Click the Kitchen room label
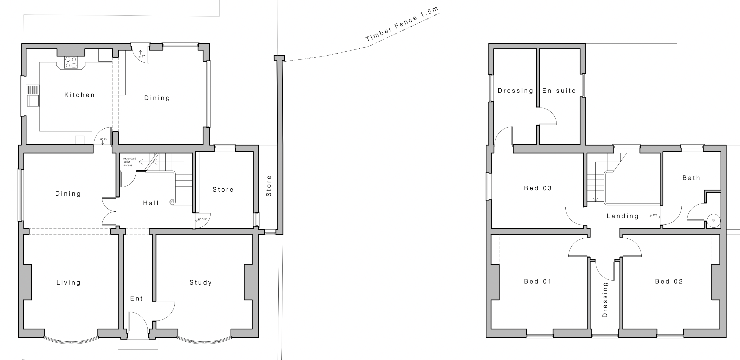click(x=79, y=95)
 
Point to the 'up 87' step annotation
click(x=141, y=56)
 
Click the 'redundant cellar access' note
click(x=129, y=162)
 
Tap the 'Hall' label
click(x=151, y=203)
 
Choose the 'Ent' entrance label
click(x=136, y=299)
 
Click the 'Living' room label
click(x=68, y=283)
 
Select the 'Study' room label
click(x=201, y=283)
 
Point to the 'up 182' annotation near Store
click(x=202, y=219)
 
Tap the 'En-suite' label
click(x=559, y=91)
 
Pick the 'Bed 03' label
click(x=538, y=188)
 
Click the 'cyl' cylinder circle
click(x=714, y=220)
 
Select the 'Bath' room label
click(x=691, y=178)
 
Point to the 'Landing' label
click(x=622, y=216)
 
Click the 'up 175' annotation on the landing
click(x=653, y=215)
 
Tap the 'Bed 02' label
click(x=669, y=282)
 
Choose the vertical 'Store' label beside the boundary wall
click(x=269, y=186)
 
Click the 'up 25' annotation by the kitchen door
click(x=104, y=139)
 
